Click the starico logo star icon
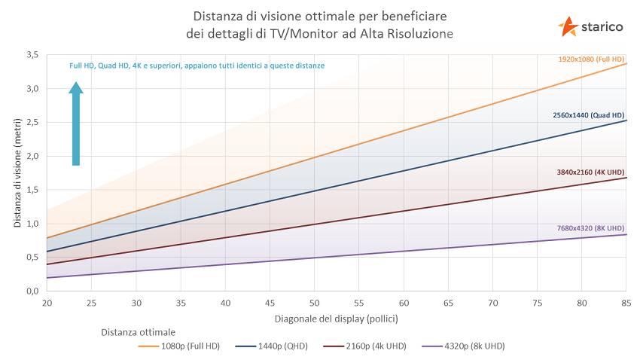pyautogui.click(x=568, y=26)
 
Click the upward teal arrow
pyautogui.click(x=76, y=124)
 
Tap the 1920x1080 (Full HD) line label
pyautogui.click(x=591, y=59)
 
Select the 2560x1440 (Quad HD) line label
pyautogui.click(x=588, y=115)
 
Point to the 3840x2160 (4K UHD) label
pyautogui.click(x=590, y=172)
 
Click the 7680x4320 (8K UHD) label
pyautogui.click(x=590, y=228)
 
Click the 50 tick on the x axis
pyautogui.click(x=314, y=303)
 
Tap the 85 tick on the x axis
pyautogui.click(x=626, y=303)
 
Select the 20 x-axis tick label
pyautogui.click(x=47, y=303)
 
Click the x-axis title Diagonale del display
pyautogui.click(x=336, y=318)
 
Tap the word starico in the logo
pyautogui.click(x=602, y=27)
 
